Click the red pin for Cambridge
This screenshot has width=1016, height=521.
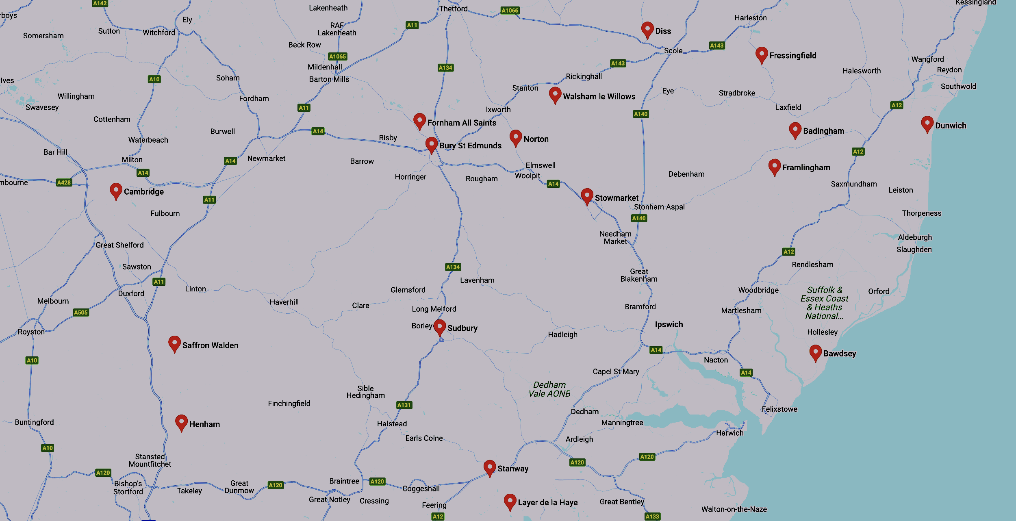pos(116,191)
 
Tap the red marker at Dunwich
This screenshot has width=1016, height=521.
pos(927,124)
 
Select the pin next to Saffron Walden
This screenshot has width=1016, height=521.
pos(174,343)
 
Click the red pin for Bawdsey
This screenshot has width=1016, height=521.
pos(815,352)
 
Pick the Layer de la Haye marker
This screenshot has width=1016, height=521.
pos(510,501)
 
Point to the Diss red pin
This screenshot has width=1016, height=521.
pos(647,30)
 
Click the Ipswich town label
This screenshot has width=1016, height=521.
pos(669,324)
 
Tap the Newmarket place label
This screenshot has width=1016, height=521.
pos(266,158)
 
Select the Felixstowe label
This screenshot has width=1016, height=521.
pos(779,409)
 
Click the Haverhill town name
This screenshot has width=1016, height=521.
pos(284,302)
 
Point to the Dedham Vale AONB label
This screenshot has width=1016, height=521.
pos(549,389)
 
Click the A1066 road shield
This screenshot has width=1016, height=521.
pos(510,11)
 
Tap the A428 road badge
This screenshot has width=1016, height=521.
pos(64,182)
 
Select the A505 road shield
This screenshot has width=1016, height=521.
pos(80,313)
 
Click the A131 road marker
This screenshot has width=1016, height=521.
pos(404,405)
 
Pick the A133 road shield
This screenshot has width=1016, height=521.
pos(652,517)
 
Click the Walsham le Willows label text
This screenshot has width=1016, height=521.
pos(599,96)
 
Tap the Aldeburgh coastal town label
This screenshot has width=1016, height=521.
pos(915,237)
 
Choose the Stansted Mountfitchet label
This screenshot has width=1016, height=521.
pos(150,460)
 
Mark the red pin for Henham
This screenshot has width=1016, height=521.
pos(181,422)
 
